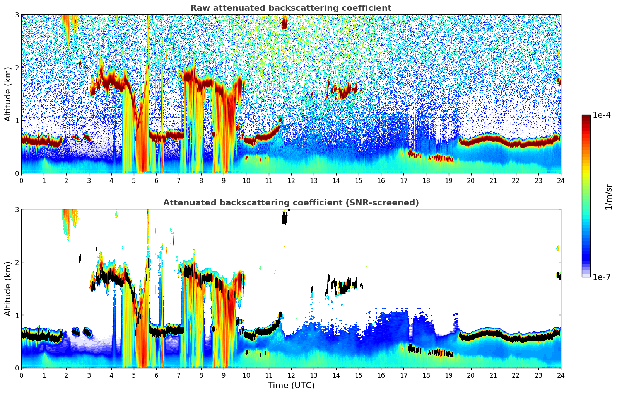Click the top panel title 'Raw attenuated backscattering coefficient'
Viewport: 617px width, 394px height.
click(x=291, y=8)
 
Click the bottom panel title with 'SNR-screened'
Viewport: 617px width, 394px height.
click(x=291, y=203)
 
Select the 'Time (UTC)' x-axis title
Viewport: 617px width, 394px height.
click(x=291, y=386)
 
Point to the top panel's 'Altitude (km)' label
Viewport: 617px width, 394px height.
click(x=8, y=94)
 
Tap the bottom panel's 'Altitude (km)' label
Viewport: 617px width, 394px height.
click(x=8, y=289)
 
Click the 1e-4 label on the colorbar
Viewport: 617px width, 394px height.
click(x=602, y=115)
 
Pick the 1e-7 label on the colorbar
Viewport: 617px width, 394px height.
click(x=602, y=277)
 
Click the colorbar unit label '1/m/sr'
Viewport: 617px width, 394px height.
click(x=608, y=197)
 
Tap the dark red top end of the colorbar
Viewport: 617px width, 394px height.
click(x=586, y=117)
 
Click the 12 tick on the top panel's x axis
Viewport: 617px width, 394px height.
click(x=291, y=180)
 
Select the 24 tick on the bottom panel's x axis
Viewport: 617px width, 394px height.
click(x=561, y=375)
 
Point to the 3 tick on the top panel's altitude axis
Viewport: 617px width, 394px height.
click(x=17, y=15)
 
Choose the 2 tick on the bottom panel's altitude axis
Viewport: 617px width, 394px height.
click(x=17, y=262)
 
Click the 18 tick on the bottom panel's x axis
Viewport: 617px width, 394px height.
click(x=426, y=375)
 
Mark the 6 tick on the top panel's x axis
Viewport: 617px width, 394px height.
click(x=156, y=180)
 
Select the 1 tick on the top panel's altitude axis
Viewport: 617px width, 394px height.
click(x=17, y=121)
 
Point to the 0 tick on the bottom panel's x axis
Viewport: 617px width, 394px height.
click(x=21, y=375)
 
